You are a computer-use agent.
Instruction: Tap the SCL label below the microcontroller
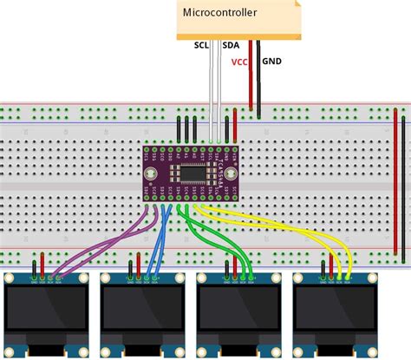201,45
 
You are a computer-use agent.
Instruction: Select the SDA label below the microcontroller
232,45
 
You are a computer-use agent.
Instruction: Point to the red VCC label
239,62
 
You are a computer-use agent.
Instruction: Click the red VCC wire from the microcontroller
251,78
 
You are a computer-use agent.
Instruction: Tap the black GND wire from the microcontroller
259,78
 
